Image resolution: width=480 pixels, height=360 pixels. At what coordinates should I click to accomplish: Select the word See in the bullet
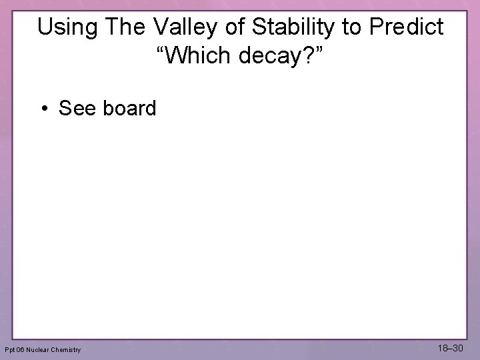(78, 108)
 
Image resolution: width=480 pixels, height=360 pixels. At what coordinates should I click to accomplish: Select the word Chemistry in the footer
(68, 350)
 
